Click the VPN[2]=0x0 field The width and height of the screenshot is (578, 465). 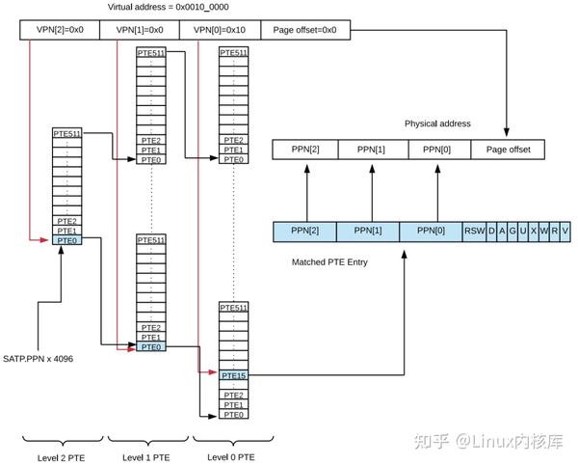coord(60,30)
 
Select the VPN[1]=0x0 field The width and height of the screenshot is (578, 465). coord(140,30)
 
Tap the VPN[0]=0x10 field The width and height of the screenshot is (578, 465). coord(220,30)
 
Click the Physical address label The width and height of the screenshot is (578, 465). coord(437,123)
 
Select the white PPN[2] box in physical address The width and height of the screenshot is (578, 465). coord(305,150)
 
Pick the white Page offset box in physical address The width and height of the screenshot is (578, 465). coord(507,150)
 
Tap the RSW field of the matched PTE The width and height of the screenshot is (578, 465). coord(474,232)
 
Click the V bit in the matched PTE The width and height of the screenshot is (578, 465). coord(565,232)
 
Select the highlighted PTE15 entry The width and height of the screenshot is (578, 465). coord(232,375)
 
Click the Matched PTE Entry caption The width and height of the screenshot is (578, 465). coord(329,261)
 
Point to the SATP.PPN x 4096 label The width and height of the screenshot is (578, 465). coord(39,359)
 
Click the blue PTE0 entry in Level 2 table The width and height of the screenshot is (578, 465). coord(66,240)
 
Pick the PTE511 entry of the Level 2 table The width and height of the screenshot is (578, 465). coord(66,134)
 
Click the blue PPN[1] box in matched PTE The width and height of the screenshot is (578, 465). coord(367,232)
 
